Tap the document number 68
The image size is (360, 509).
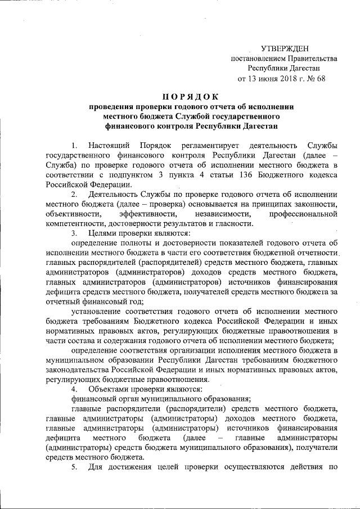click(x=321, y=79)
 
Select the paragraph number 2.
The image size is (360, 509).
click(x=74, y=194)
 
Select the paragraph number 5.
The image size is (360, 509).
click(x=74, y=469)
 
